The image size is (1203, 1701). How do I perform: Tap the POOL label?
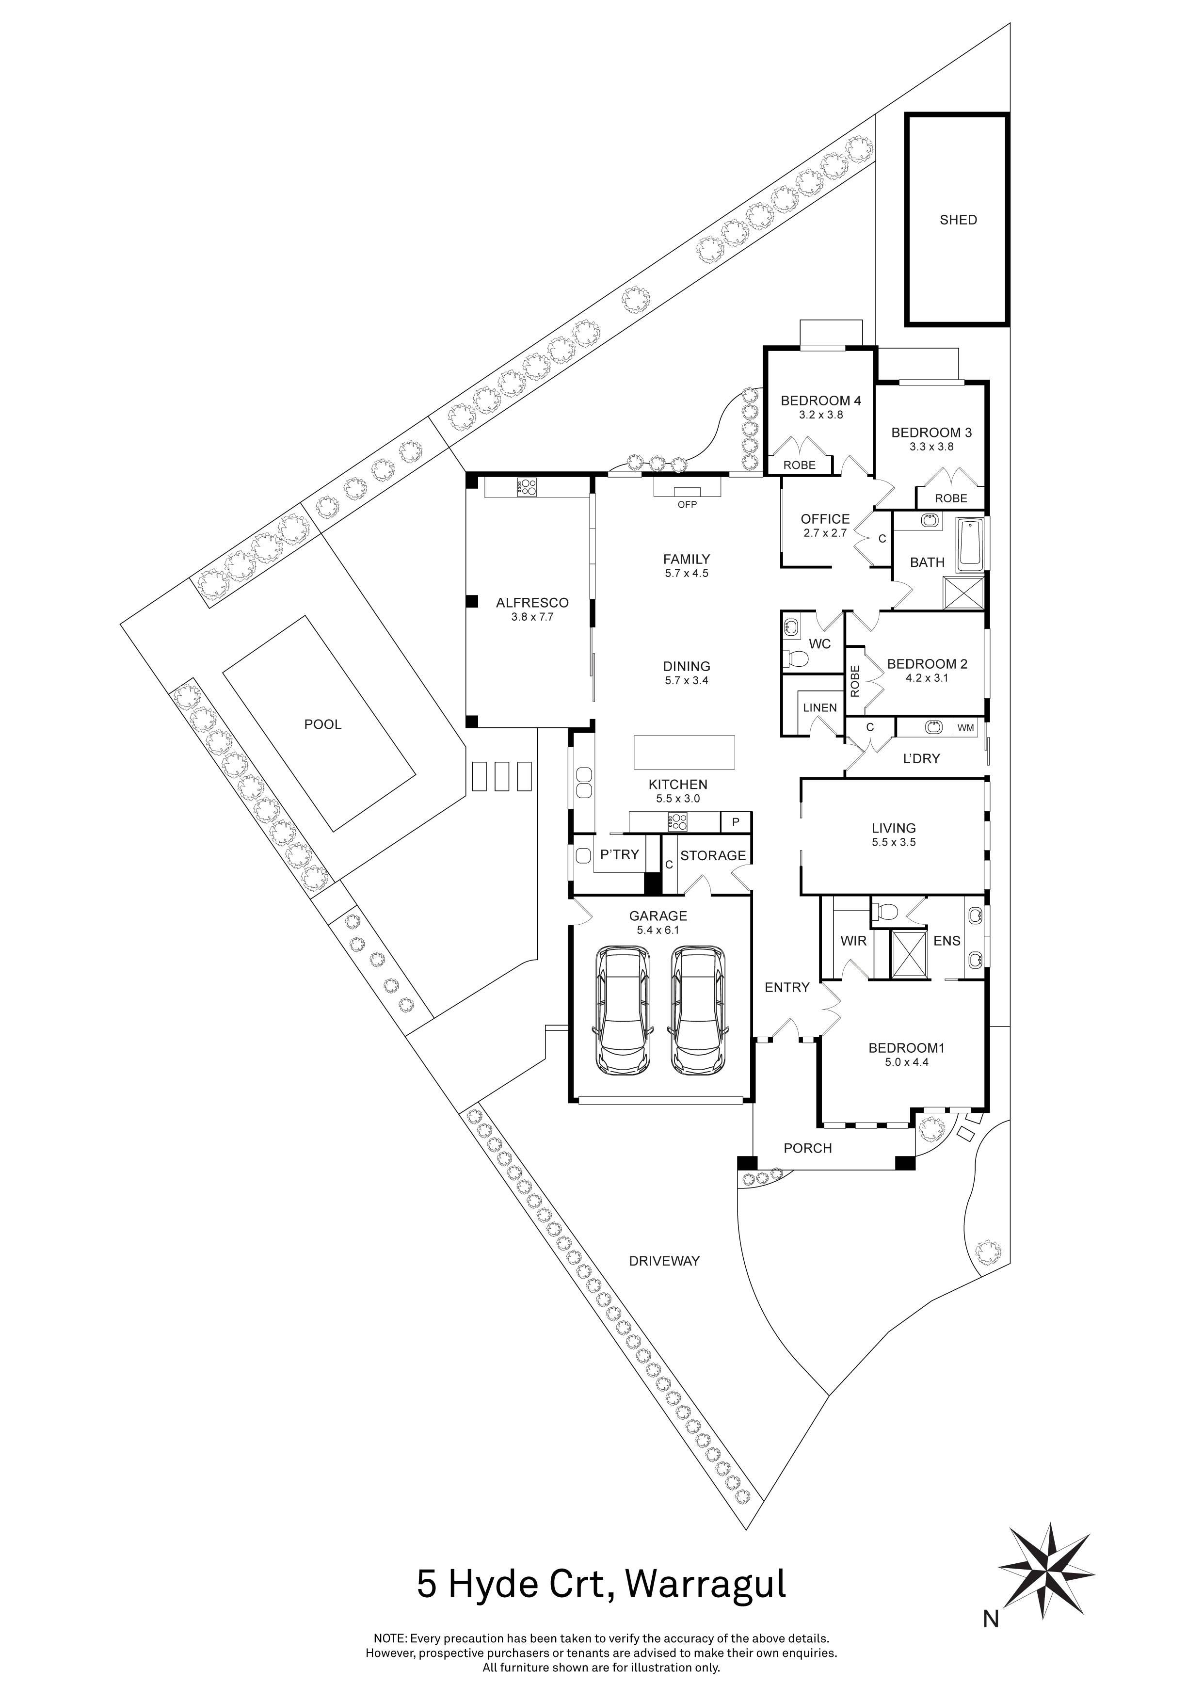[x=323, y=724]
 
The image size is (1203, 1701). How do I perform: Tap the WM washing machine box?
[x=965, y=728]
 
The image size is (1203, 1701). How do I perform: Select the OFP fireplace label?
[x=688, y=504]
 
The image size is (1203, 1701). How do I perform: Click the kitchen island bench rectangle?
[x=685, y=753]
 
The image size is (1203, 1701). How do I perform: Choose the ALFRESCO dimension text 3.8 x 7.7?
[x=532, y=616]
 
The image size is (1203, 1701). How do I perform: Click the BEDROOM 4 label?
[x=821, y=401]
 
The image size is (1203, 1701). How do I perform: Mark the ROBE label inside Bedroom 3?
[x=950, y=498]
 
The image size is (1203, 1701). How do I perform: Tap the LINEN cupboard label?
[x=819, y=707]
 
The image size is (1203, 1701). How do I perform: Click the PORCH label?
[x=807, y=1148]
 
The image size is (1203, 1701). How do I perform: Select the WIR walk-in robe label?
[x=853, y=941]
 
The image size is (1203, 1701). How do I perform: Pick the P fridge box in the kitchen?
[x=736, y=821]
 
